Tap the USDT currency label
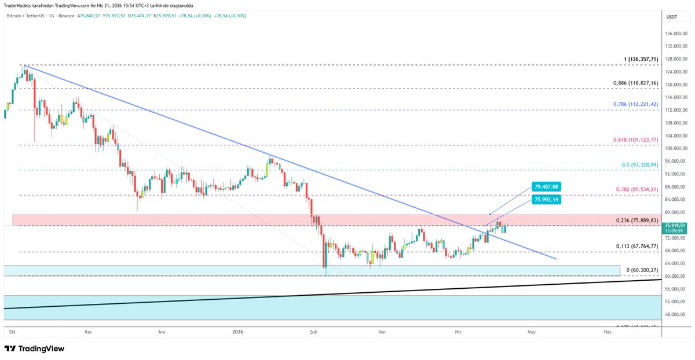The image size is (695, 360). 672,17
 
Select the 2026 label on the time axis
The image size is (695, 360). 237,332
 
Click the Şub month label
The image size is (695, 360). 314,332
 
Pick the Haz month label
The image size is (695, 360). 607,332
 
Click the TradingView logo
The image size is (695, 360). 35,349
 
